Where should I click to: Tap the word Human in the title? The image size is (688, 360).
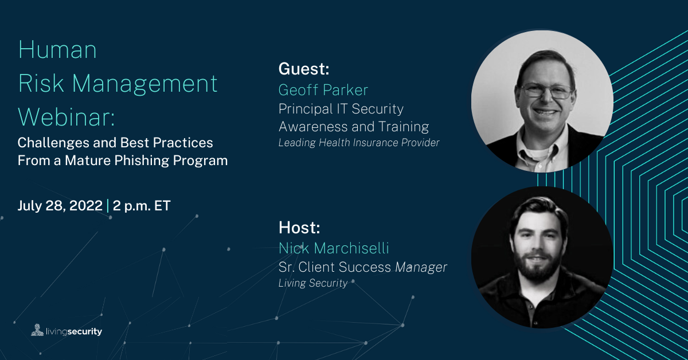coord(57,49)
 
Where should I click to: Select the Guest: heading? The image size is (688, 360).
coord(304,68)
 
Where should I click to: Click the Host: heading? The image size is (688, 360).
coord(299,228)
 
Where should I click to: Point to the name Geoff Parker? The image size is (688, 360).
coord(323,90)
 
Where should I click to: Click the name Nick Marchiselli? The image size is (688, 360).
coord(334,248)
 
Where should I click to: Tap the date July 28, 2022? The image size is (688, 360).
coord(60,205)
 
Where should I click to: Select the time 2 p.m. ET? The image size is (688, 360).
coord(142,206)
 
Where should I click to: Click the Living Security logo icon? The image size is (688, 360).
coord(37,330)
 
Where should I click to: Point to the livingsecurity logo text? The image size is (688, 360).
coord(74,331)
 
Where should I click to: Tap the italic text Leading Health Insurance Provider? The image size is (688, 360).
coord(359,143)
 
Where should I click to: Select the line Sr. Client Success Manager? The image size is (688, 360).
coord(363,267)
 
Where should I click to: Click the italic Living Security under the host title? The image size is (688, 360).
coord(313,283)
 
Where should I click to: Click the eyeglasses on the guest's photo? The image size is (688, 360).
coord(545,91)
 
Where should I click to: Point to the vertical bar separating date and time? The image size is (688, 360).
coord(108,205)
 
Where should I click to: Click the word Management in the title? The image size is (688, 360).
coord(144,84)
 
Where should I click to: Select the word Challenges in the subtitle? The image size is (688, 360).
coord(52,143)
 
